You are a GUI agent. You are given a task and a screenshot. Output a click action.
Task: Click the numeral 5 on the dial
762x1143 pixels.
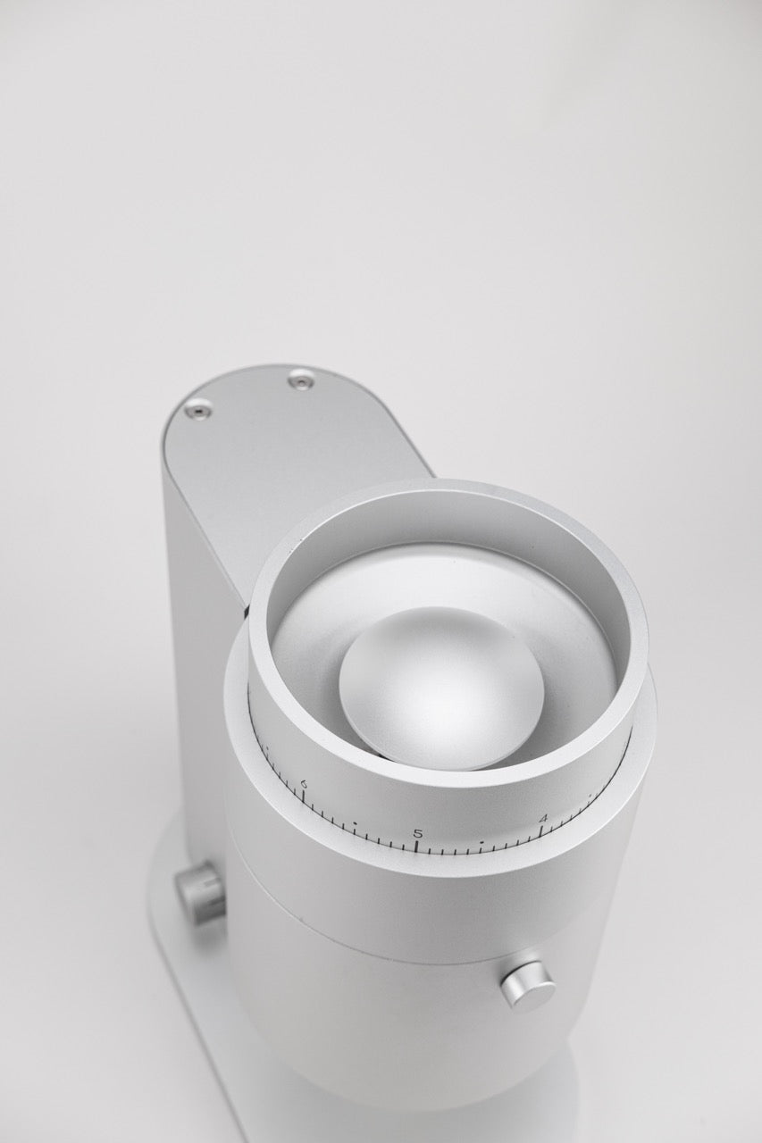point(418,834)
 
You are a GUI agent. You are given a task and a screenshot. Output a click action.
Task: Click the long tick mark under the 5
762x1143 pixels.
point(418,847)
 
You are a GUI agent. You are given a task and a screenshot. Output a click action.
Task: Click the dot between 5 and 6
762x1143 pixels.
point(355,823)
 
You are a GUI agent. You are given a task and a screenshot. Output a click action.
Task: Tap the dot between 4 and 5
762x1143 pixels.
point(481,839)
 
